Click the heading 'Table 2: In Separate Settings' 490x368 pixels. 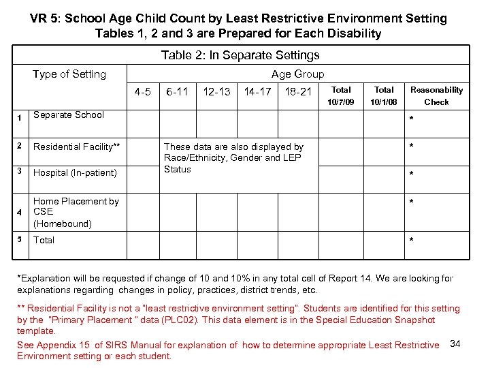[240, 55]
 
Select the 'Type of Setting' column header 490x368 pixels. [69, 74]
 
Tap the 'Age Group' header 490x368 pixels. [297, 74]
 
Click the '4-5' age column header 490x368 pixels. [143, 91]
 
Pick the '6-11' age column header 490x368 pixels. [178, 91]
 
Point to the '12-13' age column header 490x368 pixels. [216, 91]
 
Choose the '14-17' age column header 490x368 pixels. [257, 91]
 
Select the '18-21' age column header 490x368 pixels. [298, 91]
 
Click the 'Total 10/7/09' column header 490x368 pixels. [341, 95]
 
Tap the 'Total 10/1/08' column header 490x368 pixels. [384, 95]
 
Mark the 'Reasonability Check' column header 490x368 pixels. [436, 95]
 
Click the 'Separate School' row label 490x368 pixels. [69, 114]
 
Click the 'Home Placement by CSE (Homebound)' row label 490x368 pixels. [76, 212]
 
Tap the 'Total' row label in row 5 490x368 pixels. [44, 240]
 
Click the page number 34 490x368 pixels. [455, 343]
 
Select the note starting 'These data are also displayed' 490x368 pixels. [233, 157]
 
